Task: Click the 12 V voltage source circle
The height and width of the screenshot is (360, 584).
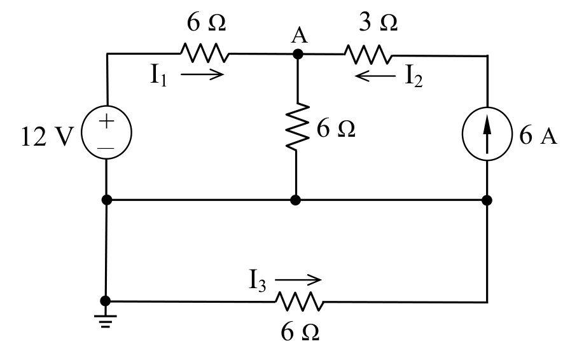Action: point(81,132)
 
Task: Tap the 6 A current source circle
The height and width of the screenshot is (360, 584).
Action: point(462,134)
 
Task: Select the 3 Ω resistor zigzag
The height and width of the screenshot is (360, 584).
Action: point(368,55)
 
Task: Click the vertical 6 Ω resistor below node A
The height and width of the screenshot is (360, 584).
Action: point(297,127)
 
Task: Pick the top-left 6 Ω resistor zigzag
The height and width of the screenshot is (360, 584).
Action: point(205,53)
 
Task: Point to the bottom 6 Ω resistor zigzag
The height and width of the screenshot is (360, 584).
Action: point(300,301)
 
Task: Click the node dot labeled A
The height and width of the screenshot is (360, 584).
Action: point(298,54)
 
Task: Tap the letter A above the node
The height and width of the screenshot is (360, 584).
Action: point(300,36)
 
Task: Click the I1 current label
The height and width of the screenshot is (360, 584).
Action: point(158,75)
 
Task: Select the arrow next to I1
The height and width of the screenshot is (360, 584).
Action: point(202,74)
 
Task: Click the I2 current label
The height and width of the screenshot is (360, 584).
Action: point(414,76)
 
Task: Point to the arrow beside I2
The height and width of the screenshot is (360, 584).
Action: point(375,76)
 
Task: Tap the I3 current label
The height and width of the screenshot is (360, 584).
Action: point(258,280)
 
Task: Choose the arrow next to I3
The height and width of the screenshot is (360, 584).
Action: point(298,280)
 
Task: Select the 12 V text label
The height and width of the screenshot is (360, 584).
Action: point(48,137)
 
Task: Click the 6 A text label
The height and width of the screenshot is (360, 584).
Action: point(538,135)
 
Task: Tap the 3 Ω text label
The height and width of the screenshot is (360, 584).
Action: point(379,22)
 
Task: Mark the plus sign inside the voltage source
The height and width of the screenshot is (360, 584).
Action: point(106,121)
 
